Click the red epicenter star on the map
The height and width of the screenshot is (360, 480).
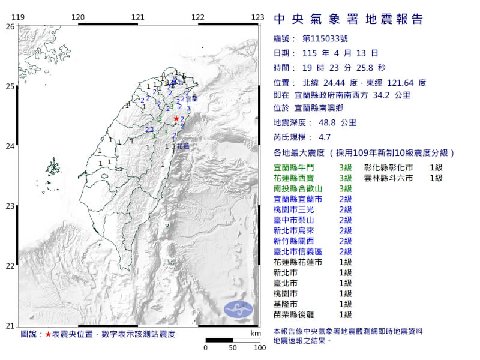tap(176, 119)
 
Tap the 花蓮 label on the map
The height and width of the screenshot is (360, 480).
tap(182, 146)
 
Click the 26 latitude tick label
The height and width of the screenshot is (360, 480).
tap(10, 26)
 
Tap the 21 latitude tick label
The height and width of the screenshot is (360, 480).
tap(10, 326)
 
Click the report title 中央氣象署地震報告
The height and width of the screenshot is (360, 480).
tap(348, 19)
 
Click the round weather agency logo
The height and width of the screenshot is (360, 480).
tap(239, 310)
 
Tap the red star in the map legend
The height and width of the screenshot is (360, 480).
tap(48, 334)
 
